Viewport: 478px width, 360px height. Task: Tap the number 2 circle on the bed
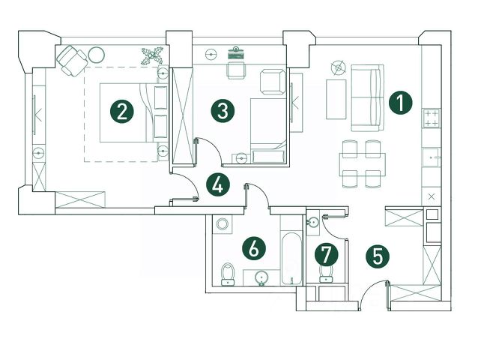(x=123, y=112)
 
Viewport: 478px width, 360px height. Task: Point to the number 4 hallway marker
(x=218, y=184)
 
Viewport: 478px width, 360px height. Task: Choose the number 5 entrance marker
(x=377, y=255)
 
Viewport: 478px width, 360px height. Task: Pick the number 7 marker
(x=327, y=253)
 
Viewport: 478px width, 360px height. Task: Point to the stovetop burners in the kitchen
(x=432, y=117)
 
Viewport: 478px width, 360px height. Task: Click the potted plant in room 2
(x=153, y=55)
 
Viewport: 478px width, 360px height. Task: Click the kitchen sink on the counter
(x=432, y=157)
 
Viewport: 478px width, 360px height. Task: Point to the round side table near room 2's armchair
(x=97, y=54)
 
